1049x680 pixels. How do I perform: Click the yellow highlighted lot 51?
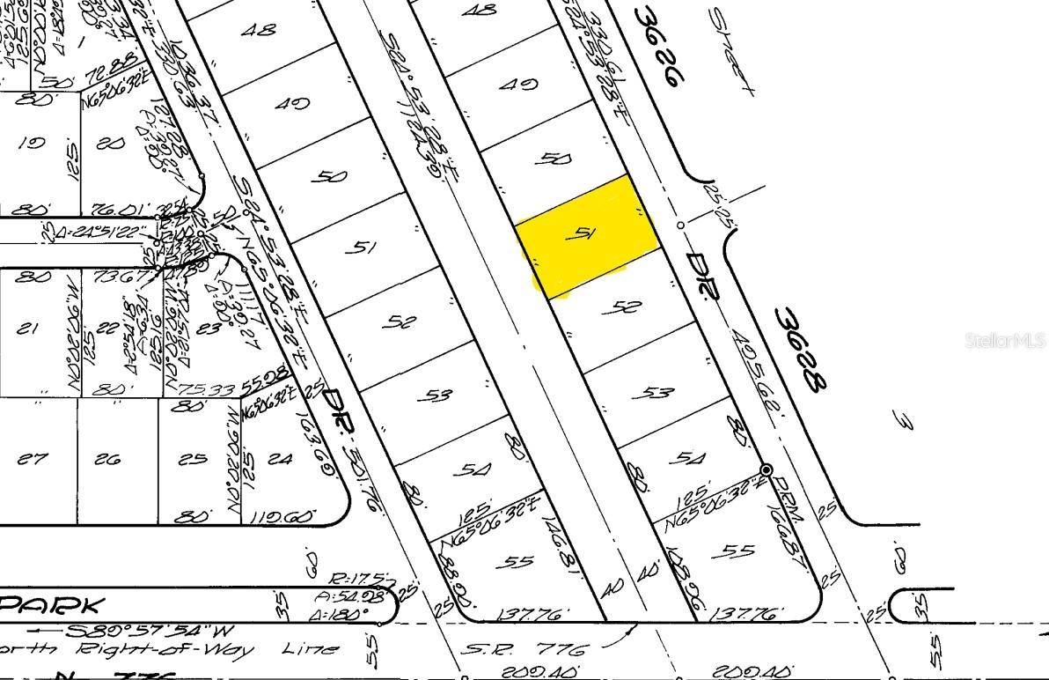pyautogui.click(x=586, y=236)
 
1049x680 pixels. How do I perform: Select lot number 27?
pyautogui.click(x=32, y=459)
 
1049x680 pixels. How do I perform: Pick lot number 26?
pyautogui.click(x=108, y=459)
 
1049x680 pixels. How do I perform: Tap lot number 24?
pyautogui.click(x=281, y=458)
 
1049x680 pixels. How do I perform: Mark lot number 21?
pyautogui.click(x=29, y=329)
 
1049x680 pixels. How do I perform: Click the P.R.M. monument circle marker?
pyautogui.click(x=766, y=469)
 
